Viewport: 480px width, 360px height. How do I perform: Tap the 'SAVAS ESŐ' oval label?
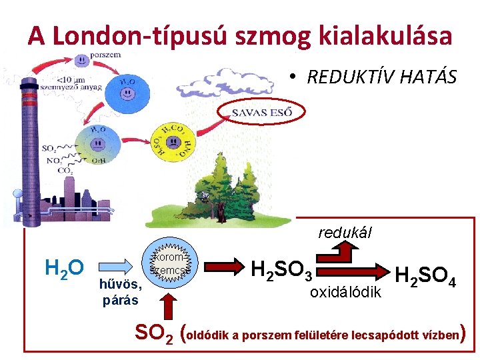(262, 112)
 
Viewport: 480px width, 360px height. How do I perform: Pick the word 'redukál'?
(345, 233)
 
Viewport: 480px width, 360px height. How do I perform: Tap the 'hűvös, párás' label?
(121, 292)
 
